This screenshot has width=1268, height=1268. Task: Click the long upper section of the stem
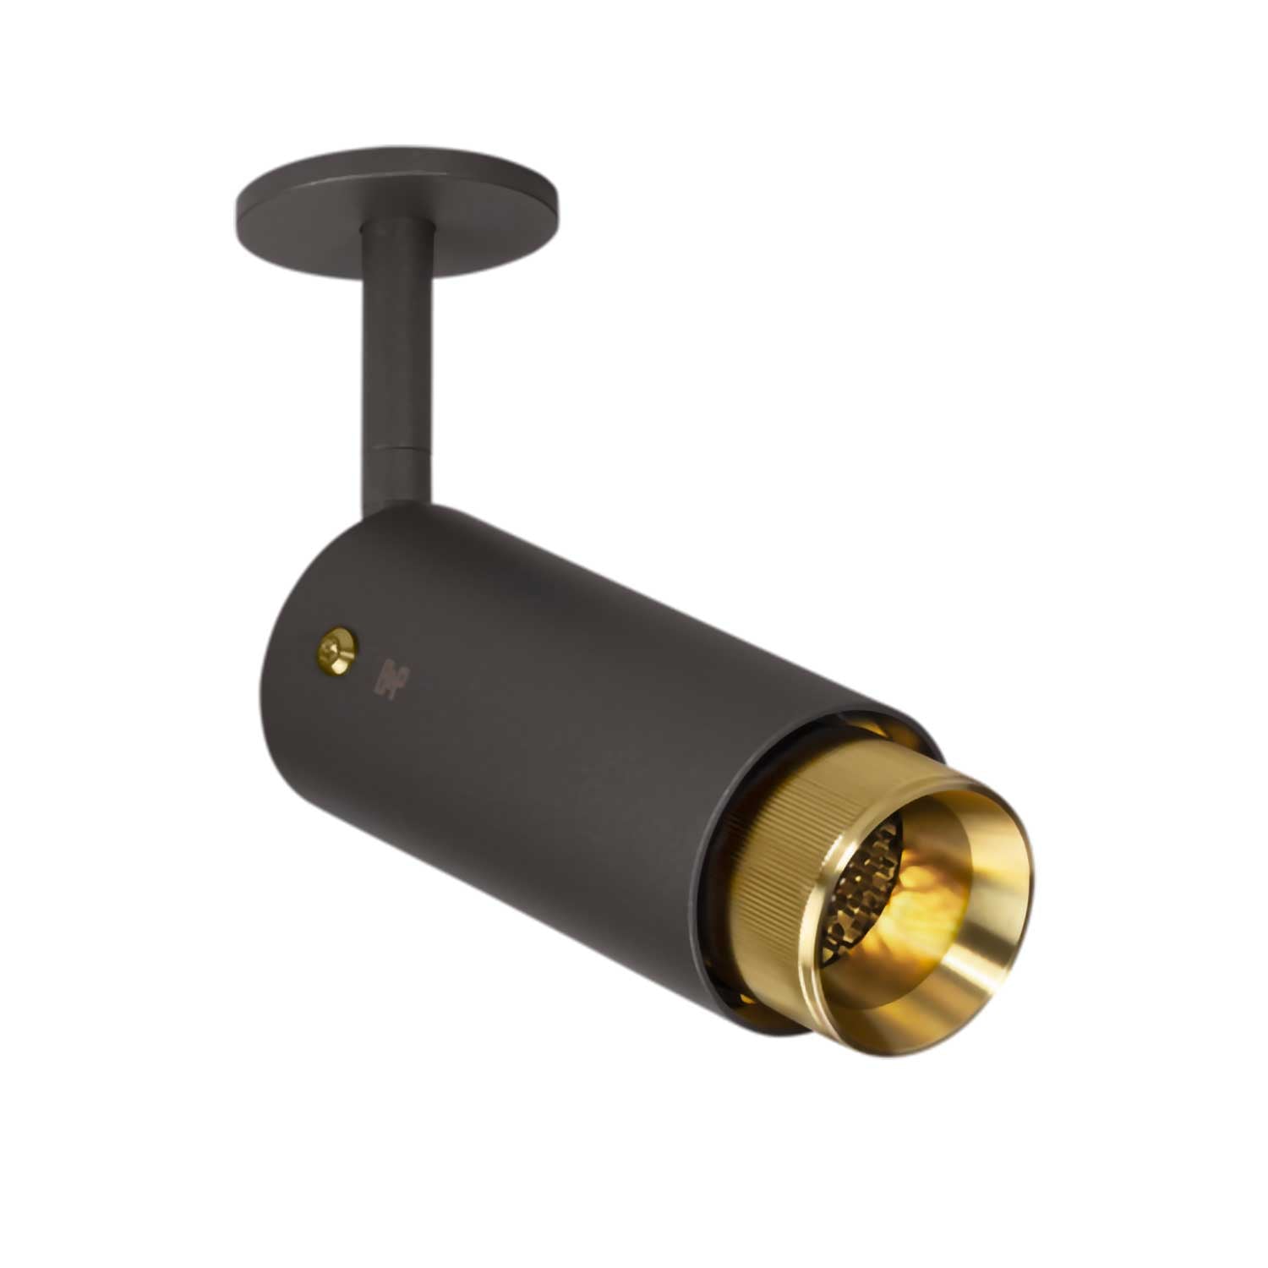tap(391, 338)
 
